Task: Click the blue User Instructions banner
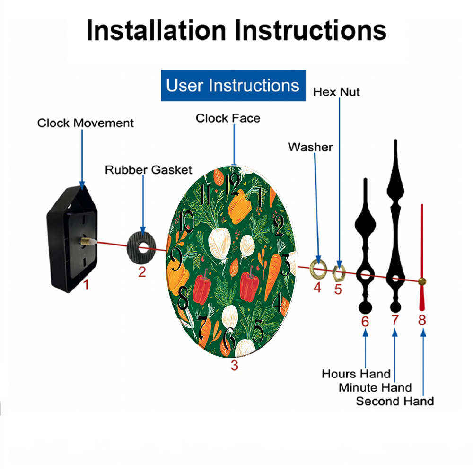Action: pos(233,86)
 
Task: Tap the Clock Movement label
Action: pos(86,123)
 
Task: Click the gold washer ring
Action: pos(317,269)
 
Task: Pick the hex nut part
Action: pos(339,271)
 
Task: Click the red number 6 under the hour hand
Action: pos(365,321)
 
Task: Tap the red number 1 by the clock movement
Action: pos(86,285)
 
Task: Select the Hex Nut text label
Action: pos(336,92)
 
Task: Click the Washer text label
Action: pos(310,147)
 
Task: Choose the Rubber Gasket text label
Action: pos(149,169)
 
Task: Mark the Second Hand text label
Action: pos(394,401)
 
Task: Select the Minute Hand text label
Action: pos(375,388)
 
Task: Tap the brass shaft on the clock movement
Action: pos(86,241)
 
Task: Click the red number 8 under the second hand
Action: pos(422,320)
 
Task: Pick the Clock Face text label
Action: pos(228,118)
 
